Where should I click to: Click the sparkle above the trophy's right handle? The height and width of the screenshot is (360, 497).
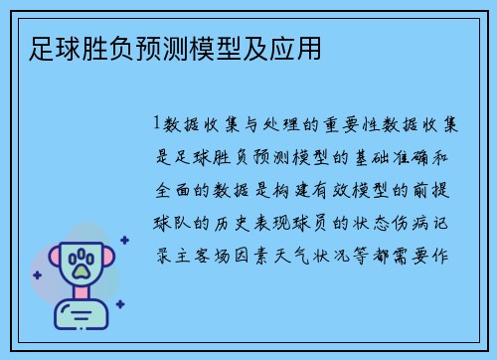pos(124,239)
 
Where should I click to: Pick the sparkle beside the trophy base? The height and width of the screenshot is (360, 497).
pos(119,304)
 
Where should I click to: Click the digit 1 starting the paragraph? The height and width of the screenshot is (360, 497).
pos(156,124)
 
